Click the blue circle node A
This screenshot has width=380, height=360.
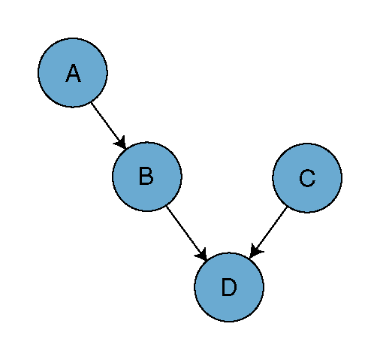tap(73, 73)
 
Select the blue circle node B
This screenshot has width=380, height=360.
tap(147, 177)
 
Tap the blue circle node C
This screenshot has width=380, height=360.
tap(307, 178)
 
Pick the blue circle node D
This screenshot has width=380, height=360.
tap(229, 287)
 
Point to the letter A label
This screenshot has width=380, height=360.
tap(73, 73)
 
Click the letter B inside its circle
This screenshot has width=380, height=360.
tap(146, 177)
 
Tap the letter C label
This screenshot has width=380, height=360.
tap(307, 178)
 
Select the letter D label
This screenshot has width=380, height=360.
tap(229, 287)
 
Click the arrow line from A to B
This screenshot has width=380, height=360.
tap(108, 126)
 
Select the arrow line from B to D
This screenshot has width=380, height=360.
tap(186, 233)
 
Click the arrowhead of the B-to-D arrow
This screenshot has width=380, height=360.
tap(202, 254)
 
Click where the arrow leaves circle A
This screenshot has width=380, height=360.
tap(92, 102)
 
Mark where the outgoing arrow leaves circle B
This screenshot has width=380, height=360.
tap(167, 207)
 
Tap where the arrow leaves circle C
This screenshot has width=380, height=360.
tap(286, 207)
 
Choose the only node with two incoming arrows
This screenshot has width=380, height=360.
tap(229, 287)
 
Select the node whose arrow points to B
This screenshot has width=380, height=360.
tap(73, 73)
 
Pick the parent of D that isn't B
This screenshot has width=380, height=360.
tap(307, 178)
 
